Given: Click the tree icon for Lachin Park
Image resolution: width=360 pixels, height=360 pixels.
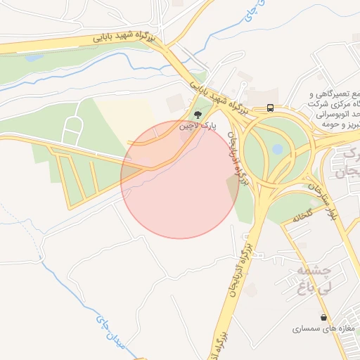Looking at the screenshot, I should (x=198, y=115).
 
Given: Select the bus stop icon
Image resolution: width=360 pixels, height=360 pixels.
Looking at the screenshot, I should (x=270, y=108).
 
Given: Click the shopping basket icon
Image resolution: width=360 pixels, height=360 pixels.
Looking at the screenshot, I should (x=323, y=318).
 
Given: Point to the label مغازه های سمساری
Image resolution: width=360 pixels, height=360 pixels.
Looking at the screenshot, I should (x=318, y=328).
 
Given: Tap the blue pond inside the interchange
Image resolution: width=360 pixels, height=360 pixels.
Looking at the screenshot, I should (x=278, y=149).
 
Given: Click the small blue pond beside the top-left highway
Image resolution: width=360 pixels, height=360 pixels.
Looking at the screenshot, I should (x=33, y=58).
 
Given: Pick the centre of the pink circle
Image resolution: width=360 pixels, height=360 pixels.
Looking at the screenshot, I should (x=179, y=179).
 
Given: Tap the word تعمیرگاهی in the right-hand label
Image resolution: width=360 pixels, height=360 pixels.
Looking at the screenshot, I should (x=333, y=94).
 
